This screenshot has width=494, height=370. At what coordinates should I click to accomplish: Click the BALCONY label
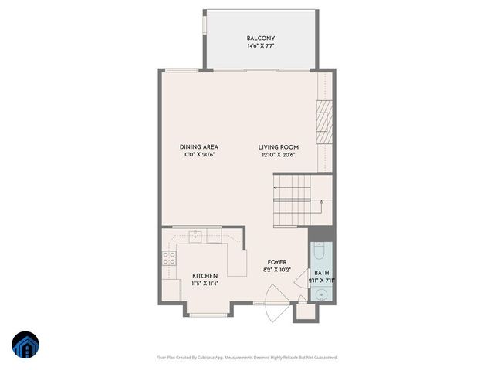261,39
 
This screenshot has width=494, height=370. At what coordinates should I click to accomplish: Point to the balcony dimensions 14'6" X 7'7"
261,47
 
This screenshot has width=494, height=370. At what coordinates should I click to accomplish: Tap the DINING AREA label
198,146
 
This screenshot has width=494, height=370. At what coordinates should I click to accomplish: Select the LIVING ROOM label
279,146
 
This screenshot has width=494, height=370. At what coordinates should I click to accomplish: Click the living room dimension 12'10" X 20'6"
279,155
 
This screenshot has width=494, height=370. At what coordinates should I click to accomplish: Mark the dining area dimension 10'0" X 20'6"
198,155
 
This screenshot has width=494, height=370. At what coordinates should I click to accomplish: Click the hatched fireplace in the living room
325,122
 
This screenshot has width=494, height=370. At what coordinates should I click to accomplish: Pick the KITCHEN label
205,276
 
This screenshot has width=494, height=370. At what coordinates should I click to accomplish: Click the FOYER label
277,262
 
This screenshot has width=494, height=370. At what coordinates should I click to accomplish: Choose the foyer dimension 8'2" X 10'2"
277,271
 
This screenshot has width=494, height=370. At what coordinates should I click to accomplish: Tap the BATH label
321,273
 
